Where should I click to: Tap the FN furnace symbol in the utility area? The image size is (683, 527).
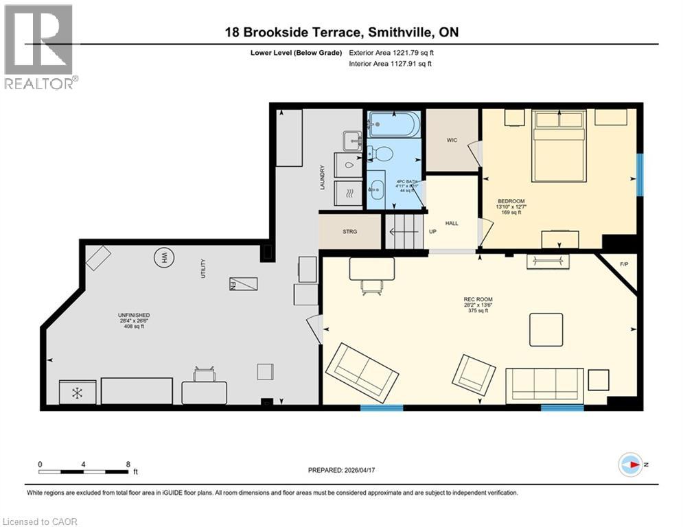click(x=243, y=283)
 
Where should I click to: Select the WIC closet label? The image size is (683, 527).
click(x=452, y=140)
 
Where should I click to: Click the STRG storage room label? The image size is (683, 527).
click(x=350, y=232)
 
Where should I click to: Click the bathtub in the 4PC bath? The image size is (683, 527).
click(x=393, y=126)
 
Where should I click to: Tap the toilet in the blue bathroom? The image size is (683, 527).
click(x=381, y=154)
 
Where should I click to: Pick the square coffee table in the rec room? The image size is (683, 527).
click(x=546, y=329)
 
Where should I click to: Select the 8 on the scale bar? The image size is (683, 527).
click(x=128, y=464)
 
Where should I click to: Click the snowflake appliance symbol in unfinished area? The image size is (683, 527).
click(x=78, y=392)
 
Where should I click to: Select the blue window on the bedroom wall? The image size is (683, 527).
click(x=640, y=173)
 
